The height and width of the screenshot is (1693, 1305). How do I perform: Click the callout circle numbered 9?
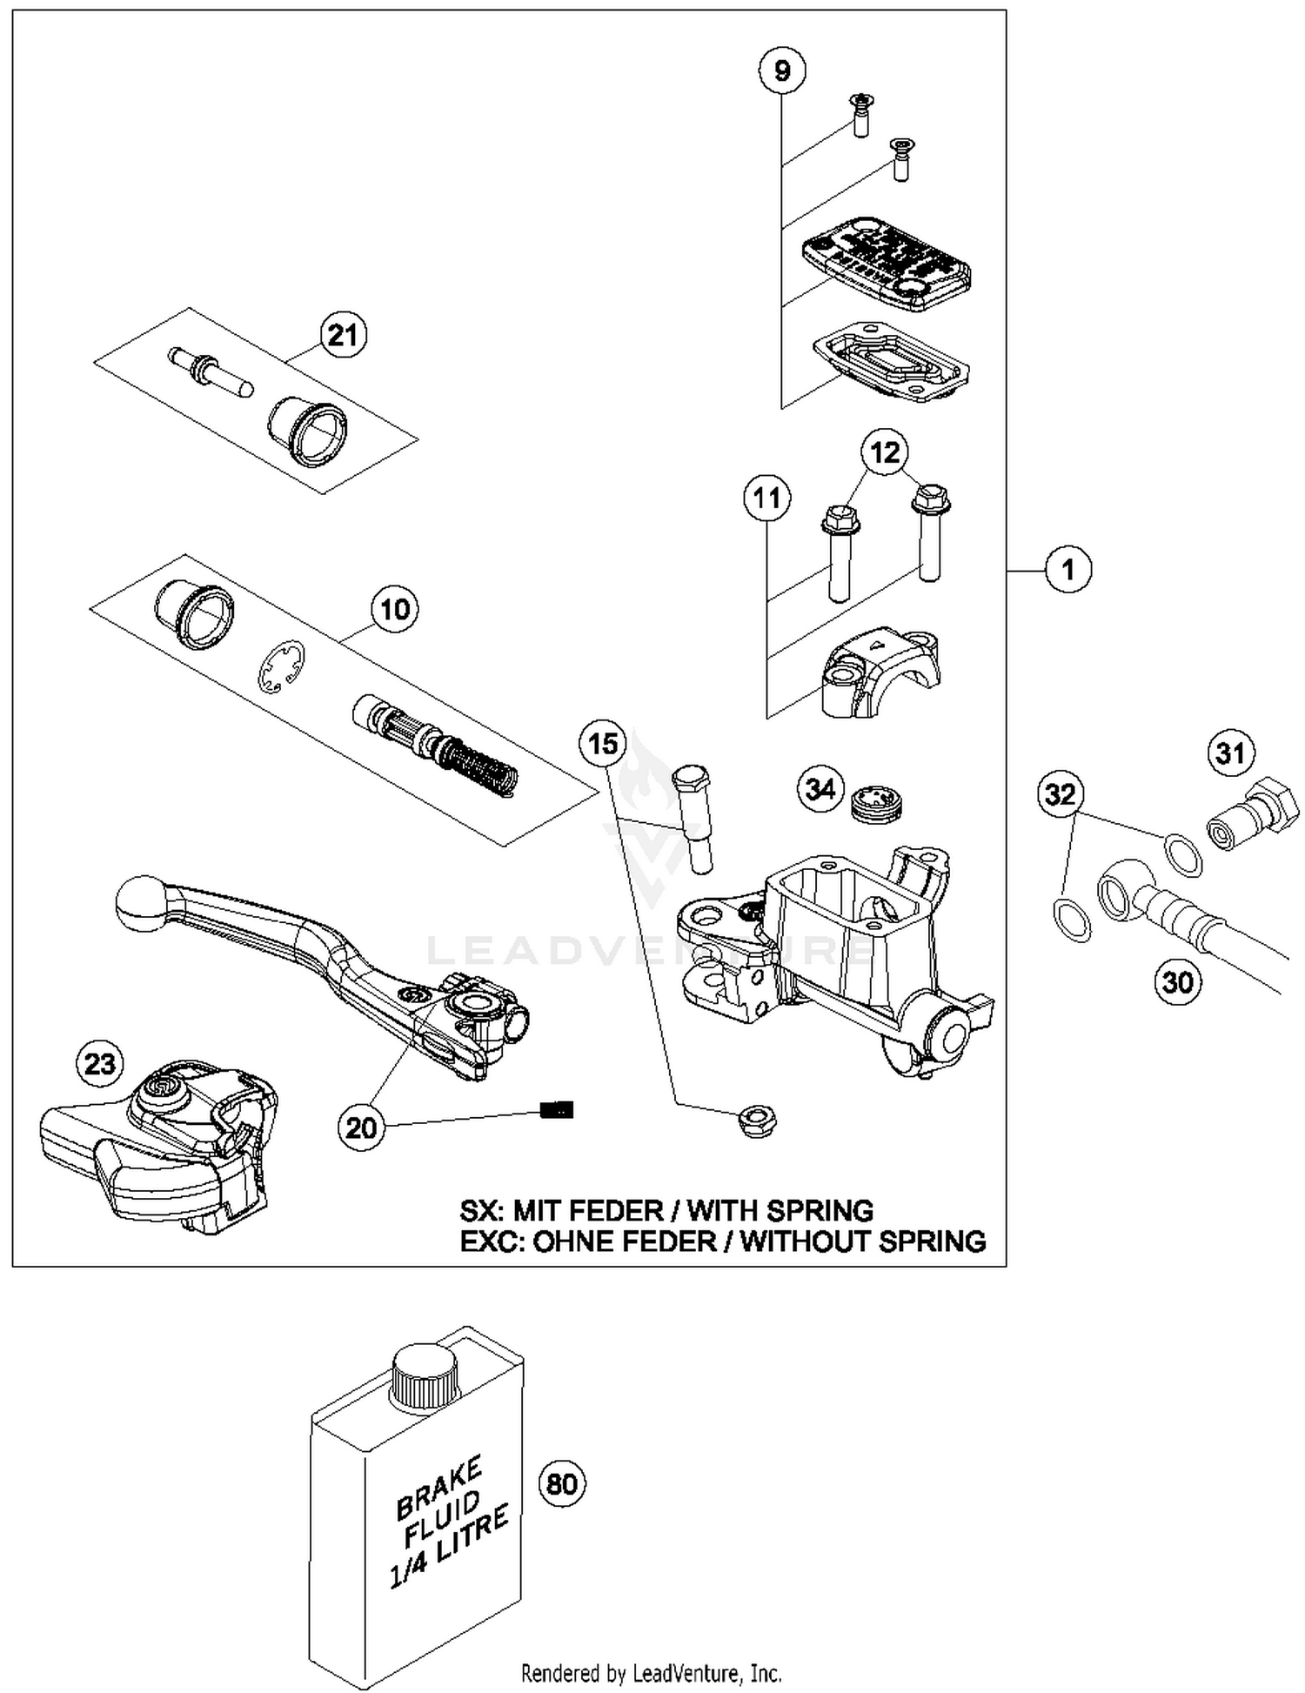coord(781,70)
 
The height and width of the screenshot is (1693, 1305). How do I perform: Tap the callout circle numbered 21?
coord(343,335)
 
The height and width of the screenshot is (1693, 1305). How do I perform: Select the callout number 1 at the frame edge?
coord(1068,570)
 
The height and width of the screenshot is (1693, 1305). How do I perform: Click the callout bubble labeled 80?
coord(562,1482)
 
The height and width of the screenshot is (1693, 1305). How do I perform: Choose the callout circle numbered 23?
coord(100,1064)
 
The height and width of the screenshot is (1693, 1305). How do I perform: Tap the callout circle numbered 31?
coord(1230,753)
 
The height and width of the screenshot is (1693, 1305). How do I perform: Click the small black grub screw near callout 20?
coord(557,1109)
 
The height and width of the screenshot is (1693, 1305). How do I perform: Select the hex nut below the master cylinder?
coord(756,1121)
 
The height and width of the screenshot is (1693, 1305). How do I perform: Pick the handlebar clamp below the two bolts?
coord(879,673)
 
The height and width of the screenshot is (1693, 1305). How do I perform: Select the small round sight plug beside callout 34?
coord(876,801)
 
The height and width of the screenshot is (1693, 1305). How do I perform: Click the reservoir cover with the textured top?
coord(886,264)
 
